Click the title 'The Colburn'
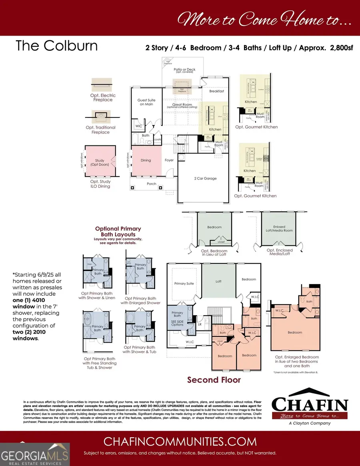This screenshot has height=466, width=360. (56, 46)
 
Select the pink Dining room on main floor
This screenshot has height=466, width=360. (146, 161)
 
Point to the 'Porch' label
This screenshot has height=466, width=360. (152, 184)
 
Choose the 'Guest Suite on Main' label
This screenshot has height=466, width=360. (146, 102)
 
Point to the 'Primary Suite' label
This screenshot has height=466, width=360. (184, 283)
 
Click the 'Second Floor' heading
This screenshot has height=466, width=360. (214, 379)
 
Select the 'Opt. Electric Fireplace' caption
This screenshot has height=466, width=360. (103, 98)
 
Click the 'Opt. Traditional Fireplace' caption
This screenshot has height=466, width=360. (101, 130)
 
